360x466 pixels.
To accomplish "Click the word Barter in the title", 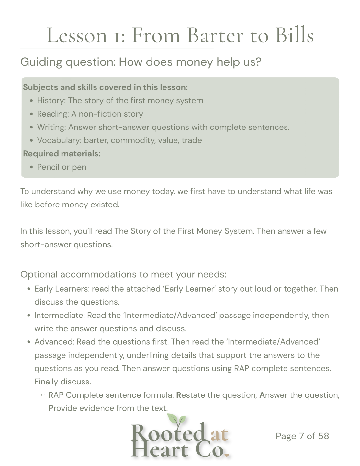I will tap(215, 35).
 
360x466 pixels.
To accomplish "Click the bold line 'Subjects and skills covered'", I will tap(105, 87).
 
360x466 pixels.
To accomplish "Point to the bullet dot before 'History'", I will tap(31, 101).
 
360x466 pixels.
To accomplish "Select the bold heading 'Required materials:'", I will tap(62, 154).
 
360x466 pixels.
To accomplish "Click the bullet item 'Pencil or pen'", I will tap(62, 167).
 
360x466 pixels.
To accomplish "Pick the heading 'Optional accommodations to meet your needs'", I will tap(123, 274).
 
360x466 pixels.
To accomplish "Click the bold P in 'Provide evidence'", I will tap(51, 408).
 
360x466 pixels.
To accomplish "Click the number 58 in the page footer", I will tap(323, 436).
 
